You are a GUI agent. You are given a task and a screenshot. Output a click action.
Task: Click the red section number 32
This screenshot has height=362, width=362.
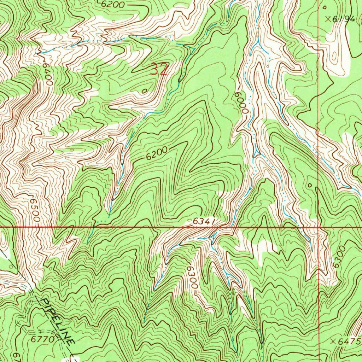159,70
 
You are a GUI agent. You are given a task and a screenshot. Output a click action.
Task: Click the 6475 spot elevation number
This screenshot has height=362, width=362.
349,341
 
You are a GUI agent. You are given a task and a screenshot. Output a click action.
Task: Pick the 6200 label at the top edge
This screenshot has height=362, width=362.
112,5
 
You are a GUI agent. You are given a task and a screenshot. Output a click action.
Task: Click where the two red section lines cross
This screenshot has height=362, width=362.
319,227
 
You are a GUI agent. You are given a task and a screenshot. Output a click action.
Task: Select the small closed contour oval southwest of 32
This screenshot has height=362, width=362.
144,91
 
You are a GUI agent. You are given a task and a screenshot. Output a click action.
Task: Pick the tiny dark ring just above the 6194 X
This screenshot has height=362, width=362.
325,7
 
